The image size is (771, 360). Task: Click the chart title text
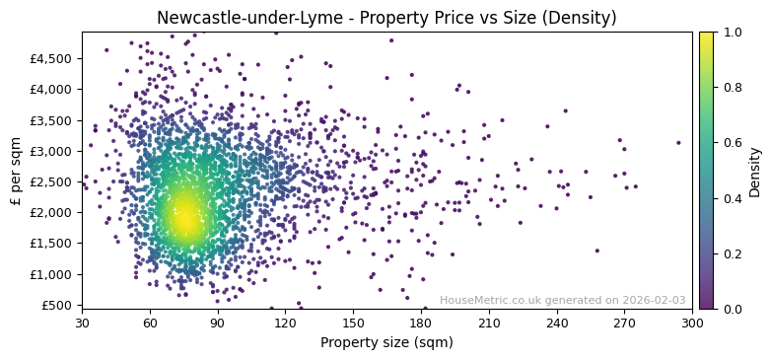(x=385, y=18)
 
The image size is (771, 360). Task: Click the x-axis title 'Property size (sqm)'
(x=386, y=343)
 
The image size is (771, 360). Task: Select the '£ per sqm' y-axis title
(x=16, y=171)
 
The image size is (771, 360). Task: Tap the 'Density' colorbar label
(x=755, y=171)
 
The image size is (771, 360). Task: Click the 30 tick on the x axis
(x=82, y=324)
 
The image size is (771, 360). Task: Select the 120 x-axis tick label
(x=285, y=324)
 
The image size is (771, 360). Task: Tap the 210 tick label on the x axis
(x=489, y=324)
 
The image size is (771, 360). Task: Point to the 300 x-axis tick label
(x=692, y=324)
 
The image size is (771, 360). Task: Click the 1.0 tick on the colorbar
(x=732, y=33)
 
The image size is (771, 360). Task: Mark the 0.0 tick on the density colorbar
(x=732, y=309)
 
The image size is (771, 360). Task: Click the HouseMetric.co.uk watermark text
(x=562, y=301)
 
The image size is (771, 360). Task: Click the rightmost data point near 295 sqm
(x=678, y=143)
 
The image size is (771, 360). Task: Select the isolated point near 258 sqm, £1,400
(x=596, y=251)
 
